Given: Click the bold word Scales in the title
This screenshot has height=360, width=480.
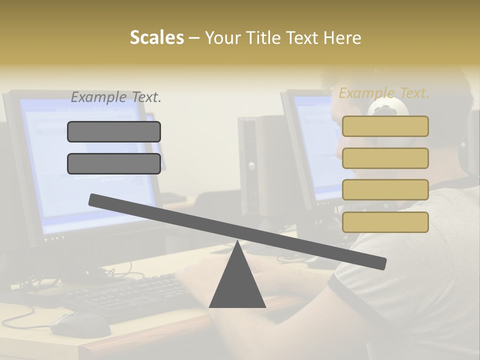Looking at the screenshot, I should [156, 38].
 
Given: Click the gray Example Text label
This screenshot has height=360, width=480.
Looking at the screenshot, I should [116, 97].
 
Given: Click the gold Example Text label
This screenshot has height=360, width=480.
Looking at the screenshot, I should [384, 93].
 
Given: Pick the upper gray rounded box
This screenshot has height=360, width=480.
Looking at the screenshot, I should [114, 131].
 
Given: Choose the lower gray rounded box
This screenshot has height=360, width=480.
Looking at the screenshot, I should [114, 163].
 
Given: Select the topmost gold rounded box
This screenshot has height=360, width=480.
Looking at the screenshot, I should [385, 126].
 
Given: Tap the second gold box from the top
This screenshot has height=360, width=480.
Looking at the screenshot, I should [385, 158].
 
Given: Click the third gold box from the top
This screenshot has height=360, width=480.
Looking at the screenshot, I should [385, 190].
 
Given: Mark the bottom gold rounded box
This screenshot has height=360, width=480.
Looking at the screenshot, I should [385, 222].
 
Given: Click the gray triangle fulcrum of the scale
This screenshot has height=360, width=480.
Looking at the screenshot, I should [237, 282].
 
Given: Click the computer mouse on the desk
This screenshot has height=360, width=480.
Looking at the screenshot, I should [80, 324].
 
